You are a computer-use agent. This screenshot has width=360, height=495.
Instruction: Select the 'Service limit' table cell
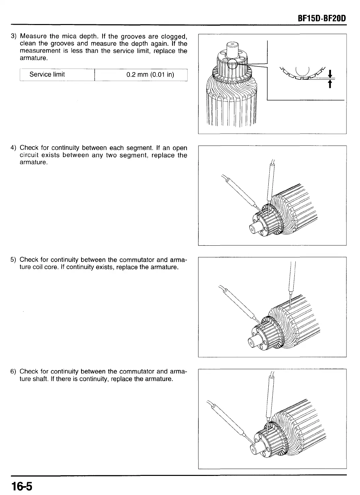click(47, 74)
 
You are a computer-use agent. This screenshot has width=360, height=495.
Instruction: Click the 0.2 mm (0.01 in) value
click(150, 74)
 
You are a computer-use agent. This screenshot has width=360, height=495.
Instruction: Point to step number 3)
click(14, 36)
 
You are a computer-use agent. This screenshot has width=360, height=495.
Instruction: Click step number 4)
click(14, 148)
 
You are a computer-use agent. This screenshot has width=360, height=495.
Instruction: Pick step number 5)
click(14, 260)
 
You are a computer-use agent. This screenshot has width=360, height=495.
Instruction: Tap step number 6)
click(14, 372)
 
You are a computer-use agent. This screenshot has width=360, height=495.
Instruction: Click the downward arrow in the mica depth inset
click(330, 73)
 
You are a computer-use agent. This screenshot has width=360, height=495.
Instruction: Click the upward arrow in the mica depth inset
click(330, 85)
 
